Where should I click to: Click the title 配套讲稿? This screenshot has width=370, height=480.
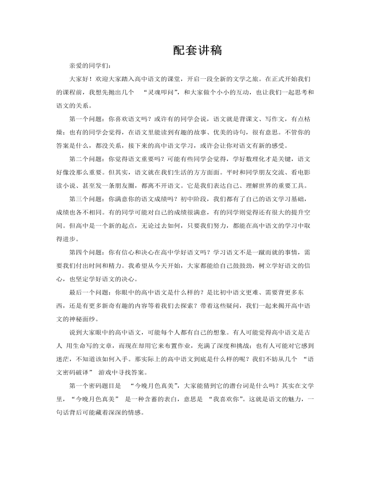pyautogui.click(x=197, y=50)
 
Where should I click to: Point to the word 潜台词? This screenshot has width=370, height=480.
pyautogui.click(x=235, y=384)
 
